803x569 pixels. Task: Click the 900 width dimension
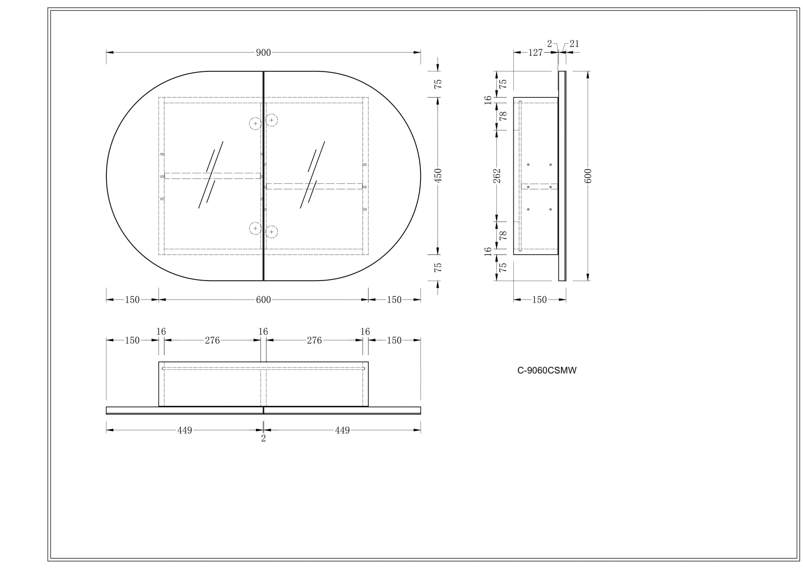(263, 52)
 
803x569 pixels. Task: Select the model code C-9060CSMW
(547, 371)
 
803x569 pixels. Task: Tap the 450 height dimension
(438, 175)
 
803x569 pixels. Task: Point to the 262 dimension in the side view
(497, 175)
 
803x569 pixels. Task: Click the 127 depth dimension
(535, 52)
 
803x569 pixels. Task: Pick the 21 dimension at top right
(574, 44)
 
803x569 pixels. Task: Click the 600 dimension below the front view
(263, 300)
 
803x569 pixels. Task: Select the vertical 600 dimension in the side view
(588, 176)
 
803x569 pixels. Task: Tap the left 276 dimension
(212, 340)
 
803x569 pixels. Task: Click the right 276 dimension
(314, 340)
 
